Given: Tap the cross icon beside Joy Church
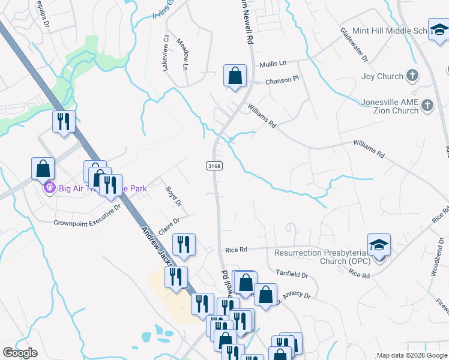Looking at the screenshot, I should pos(412,76).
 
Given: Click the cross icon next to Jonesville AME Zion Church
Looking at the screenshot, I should pos(427,106).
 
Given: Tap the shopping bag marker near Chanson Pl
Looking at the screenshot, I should pos(235,76).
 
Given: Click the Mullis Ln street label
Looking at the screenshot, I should pos(273,63).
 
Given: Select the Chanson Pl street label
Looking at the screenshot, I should pos(282,80).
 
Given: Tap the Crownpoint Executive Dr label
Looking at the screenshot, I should pos(88,215).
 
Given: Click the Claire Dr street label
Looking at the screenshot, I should pos(169,227).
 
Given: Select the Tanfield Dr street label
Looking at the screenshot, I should pos(292,275).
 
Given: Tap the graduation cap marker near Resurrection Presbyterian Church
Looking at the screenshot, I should pos(379,245).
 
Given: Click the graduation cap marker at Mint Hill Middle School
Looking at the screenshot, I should pos(439,29).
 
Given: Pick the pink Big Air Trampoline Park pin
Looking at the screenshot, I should pos(49,188).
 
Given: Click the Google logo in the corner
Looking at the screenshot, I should pos(20,353).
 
